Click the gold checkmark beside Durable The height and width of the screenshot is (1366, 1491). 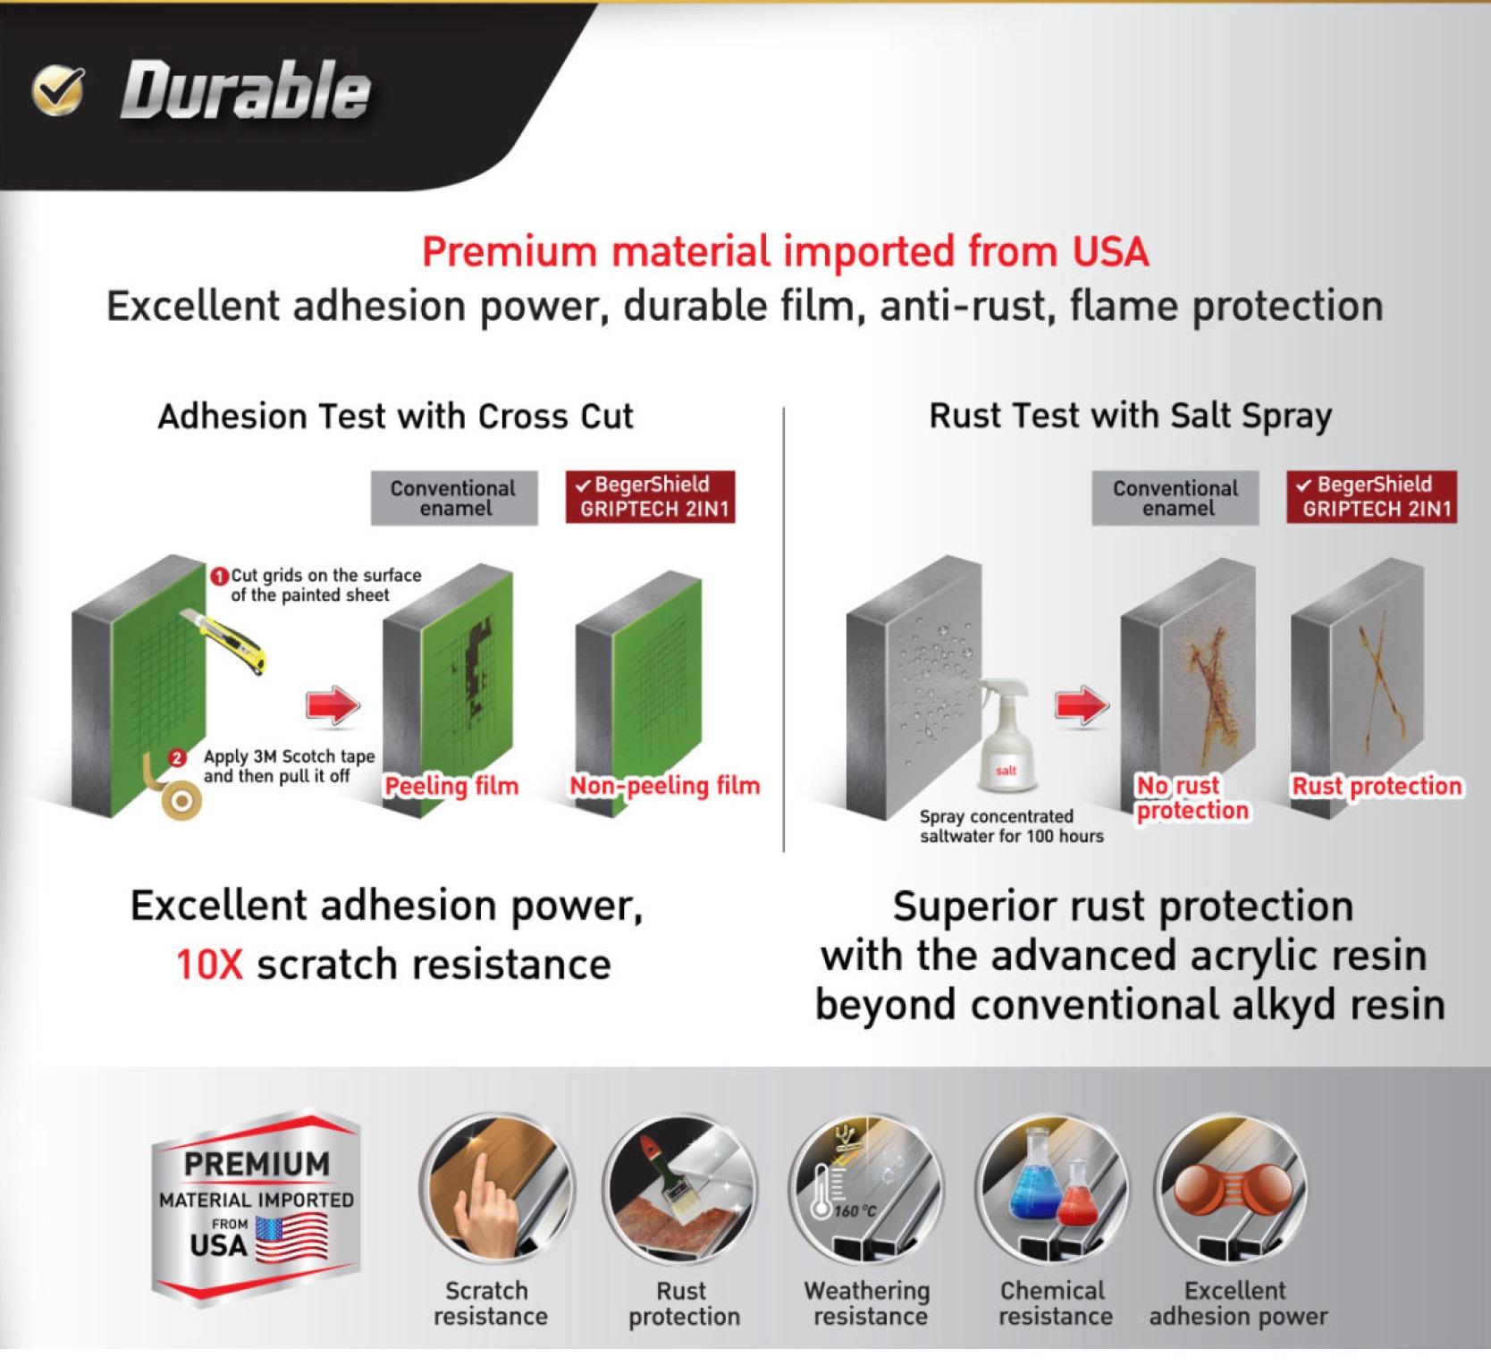(58, 90)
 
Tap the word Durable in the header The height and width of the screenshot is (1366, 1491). (246, 90)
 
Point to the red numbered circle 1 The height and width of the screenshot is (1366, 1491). (219, 576)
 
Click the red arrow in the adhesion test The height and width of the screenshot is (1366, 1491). (333, 704)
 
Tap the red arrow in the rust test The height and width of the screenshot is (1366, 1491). (1082, 705)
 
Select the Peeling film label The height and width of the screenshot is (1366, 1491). (451, 786)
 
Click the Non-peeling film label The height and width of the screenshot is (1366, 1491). (664, 786)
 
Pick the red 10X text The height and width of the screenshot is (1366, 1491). (209, 965)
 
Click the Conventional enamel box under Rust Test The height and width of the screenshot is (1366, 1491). (1175, 498)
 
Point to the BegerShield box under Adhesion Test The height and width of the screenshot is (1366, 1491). (650, 497)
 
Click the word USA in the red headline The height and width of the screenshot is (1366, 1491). (1110, 251)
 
